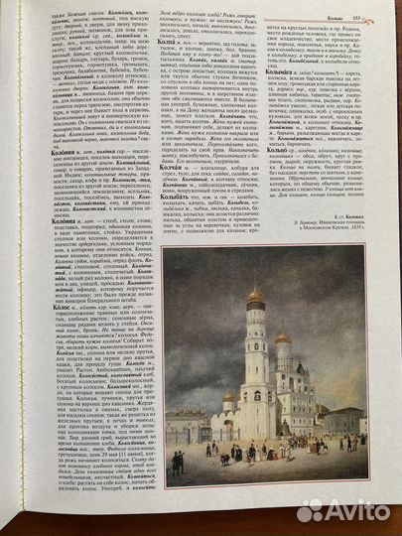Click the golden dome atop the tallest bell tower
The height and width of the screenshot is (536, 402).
click(x=256, y=297)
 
